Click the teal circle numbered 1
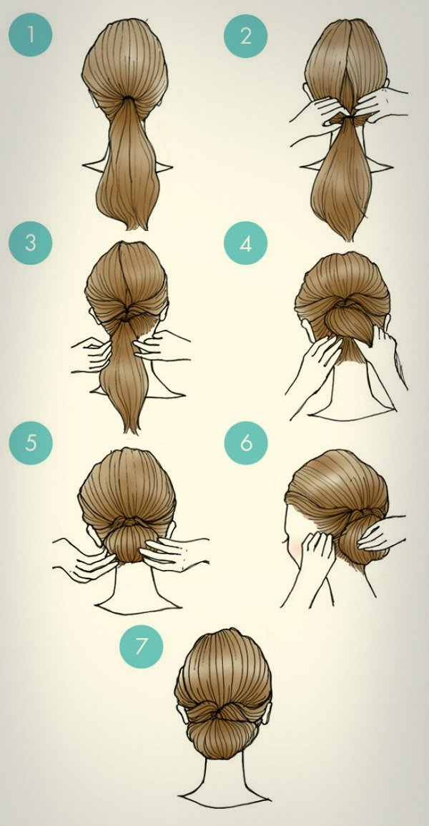point(31,35)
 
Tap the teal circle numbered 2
point(245,36)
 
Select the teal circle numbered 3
point(31,243)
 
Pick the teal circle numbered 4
point(245,243)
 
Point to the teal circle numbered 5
point(31,443)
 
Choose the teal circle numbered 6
point(246,443)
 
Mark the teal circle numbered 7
point(141,646)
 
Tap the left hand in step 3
point(93,354)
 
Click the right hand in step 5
point(174,553)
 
